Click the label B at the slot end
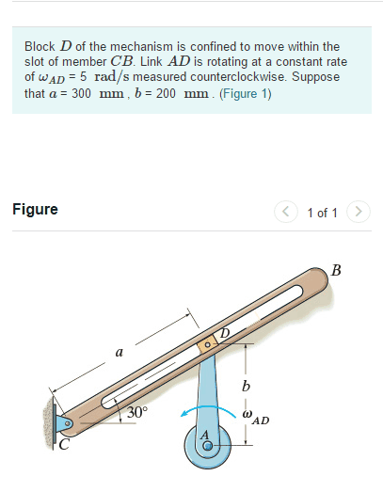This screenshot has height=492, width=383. point(337,272)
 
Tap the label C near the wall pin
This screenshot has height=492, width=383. point(64,445)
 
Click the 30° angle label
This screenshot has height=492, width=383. point(137,412)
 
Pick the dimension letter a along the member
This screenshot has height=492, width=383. point(119,354)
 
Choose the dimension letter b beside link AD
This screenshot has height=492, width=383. point(247,386)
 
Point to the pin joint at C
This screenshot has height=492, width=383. point(65,425)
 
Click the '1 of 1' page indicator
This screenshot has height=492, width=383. point(322,212)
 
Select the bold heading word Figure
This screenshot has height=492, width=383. point(35,209)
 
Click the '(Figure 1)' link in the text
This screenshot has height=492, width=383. point(245,94)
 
